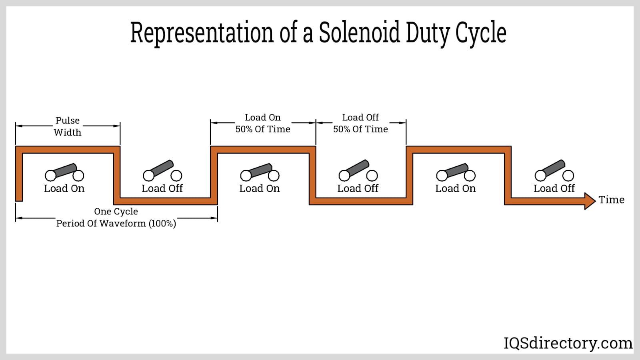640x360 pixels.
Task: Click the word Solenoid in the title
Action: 359,32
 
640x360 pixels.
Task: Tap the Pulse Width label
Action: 68,126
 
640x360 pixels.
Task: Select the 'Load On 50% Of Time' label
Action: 263,123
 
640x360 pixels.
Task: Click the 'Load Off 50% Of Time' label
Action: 360,123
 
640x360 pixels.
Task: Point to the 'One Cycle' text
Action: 116,212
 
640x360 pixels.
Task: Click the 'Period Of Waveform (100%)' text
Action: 116,224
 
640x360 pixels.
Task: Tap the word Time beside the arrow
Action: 611,200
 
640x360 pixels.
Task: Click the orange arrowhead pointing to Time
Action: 590,201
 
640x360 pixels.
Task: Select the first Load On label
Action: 64,189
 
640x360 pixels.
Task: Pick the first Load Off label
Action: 162,189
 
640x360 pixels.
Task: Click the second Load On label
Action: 260,189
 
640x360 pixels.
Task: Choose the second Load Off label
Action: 358,189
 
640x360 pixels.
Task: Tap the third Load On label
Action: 456,189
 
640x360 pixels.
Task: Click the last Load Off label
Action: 554,189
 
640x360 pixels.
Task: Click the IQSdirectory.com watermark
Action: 568,343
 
